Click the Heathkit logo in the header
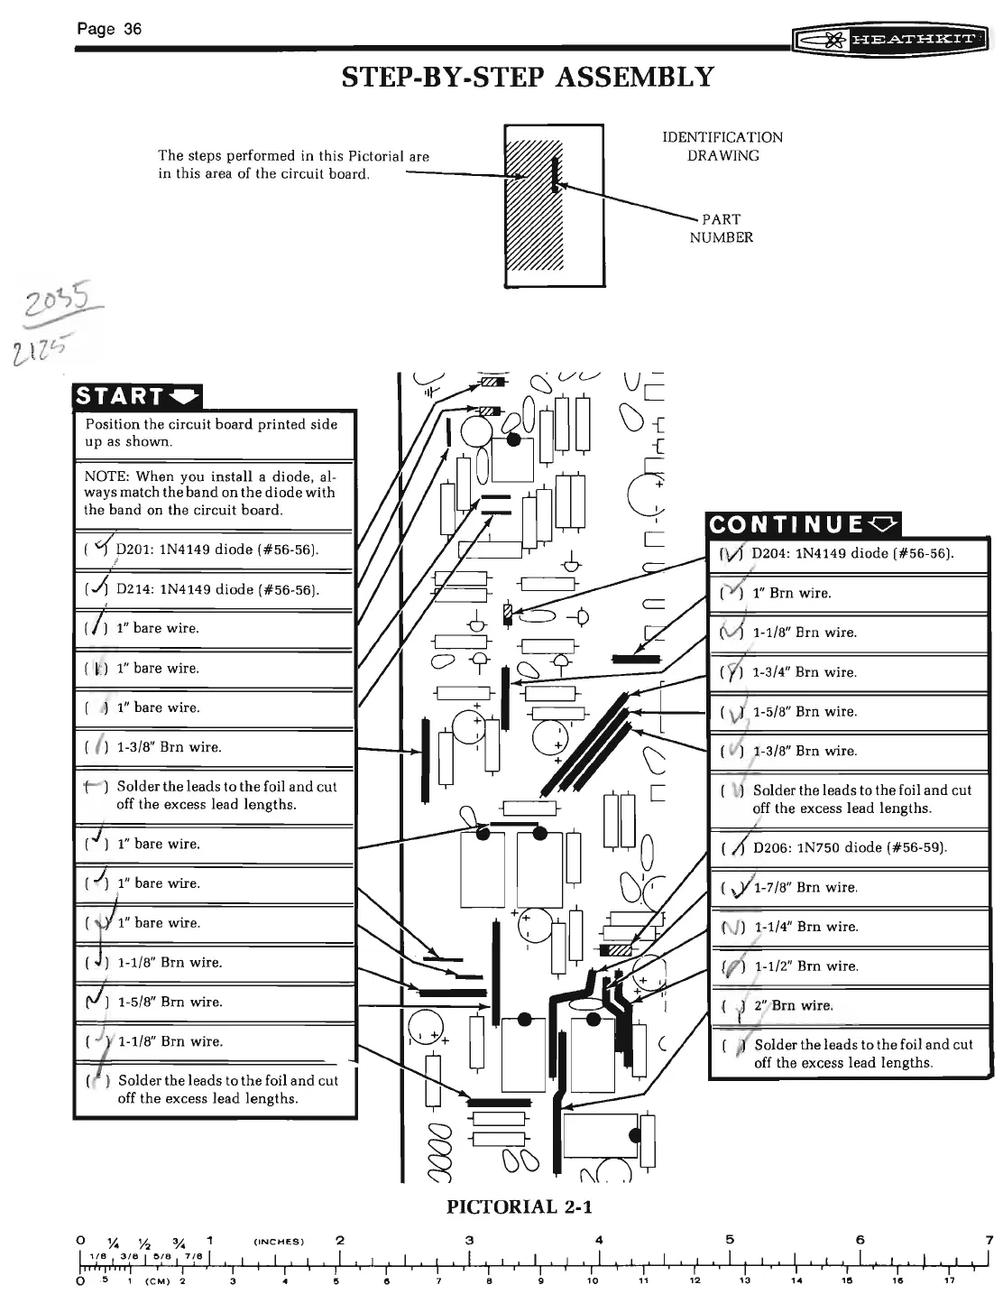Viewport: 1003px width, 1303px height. coord(890,41)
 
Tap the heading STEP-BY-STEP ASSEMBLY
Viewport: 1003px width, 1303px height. coord(528,78)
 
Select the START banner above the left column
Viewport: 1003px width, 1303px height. coord(138,396)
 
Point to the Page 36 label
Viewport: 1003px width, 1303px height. coord(109,29)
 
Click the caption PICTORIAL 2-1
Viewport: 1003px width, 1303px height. coord(520,1206)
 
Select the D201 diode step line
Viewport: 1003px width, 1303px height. coord(216,550)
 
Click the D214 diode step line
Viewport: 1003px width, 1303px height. coord(216,589)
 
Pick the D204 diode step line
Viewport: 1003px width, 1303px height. coord(851,553)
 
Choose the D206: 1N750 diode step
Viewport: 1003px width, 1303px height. coord(849,847)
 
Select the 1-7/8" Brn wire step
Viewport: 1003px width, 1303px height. coord(805,887)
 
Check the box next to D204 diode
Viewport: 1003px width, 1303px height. coord(731,553)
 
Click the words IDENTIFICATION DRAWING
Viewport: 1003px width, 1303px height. coord(722,146)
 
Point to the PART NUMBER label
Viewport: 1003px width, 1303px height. coord(721,228)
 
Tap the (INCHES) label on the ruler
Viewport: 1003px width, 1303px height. coord(277,1241)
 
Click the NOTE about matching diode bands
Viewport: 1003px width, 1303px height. coord(209,493)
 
